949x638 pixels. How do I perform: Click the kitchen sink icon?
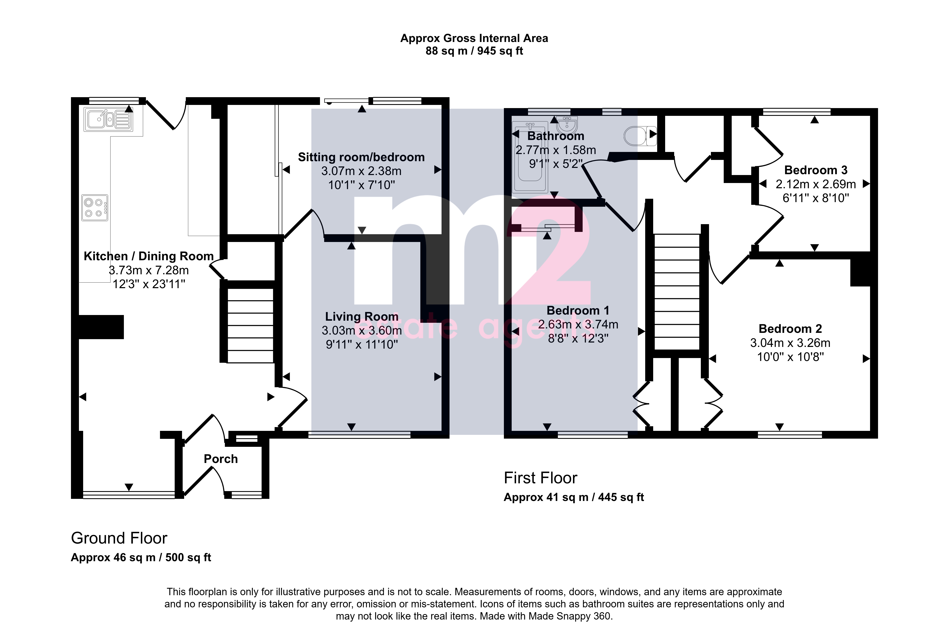[x=108, y=119]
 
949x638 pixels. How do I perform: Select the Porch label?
[x=221, y=459]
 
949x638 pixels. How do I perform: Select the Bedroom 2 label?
[x=790, y=329]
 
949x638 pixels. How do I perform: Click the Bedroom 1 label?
[x=578, y=310]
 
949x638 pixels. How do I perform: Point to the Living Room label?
[x=361, y=316]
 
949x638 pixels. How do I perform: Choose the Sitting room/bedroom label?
[x=361, y=157]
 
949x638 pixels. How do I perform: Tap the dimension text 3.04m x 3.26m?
[x=790, y=343]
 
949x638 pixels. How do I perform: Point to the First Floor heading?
[x=540, y=478]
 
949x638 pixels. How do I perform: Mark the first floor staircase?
[x=677, y=292]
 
